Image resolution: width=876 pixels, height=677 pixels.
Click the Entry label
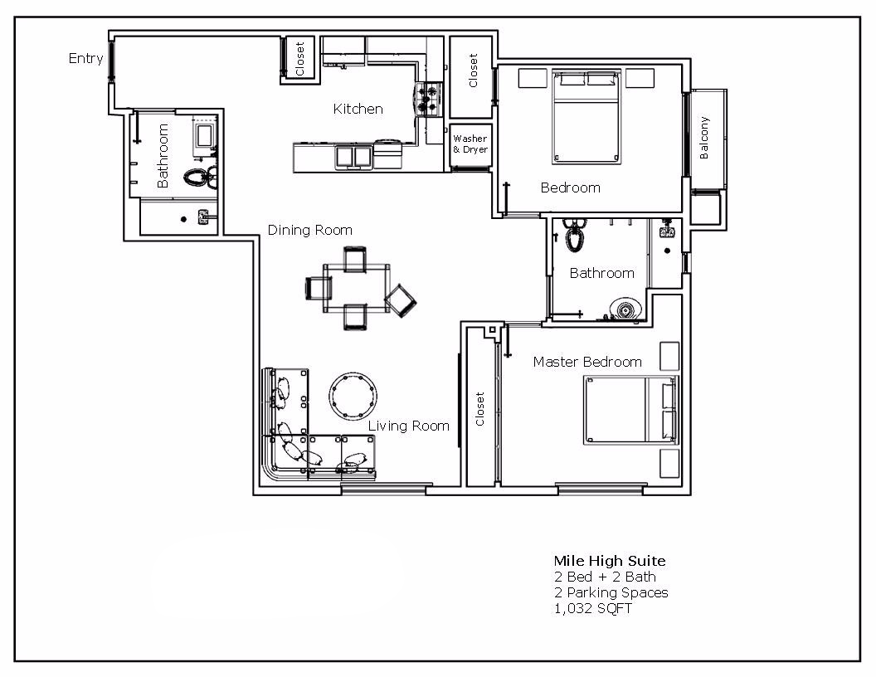coord(86,58)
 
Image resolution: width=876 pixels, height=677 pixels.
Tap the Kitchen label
coord(358,109)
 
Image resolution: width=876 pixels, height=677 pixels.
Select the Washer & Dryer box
coord(470,144)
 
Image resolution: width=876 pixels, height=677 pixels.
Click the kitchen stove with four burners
coord(430,99)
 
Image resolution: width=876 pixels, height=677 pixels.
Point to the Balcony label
coord(704,138)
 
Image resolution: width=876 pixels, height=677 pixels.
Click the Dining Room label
coord(309,230)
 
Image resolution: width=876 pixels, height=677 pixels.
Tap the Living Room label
coord(408,426)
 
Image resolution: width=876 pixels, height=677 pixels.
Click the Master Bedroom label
coord(587,362)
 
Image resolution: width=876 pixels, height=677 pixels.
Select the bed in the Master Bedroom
coord(630,410)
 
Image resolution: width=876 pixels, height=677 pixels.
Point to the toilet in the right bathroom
coord(572,237)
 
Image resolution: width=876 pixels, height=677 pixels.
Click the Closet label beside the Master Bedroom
coord(479,409)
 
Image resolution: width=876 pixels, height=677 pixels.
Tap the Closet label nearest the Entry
coord(299,60)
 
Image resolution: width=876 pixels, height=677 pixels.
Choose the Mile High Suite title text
coord(609,561)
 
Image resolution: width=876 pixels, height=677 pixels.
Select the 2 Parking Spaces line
coord(611,592)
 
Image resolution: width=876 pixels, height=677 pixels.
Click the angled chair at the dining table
coord(402,300)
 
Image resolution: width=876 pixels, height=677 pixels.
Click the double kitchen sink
coord(353,155)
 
